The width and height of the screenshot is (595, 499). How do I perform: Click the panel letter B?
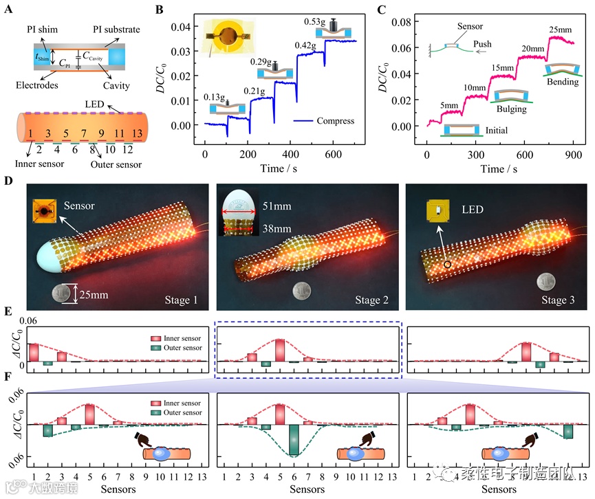[x=159, y=10]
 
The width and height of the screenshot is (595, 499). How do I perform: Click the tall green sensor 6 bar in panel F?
[x=294, y=440]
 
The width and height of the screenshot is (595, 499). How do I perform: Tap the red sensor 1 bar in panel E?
[x=33, y=352]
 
